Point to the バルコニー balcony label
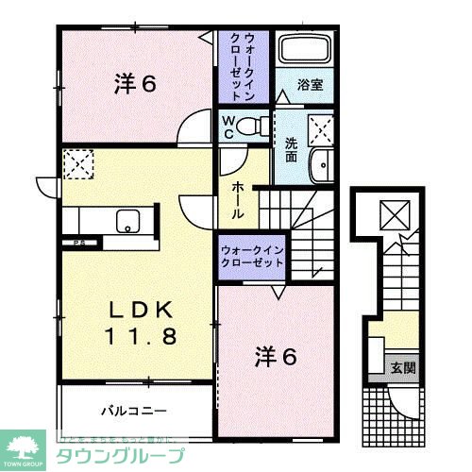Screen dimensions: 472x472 coord(135,412)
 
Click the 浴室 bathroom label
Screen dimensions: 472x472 coord(311,84)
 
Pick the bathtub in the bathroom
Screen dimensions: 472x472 coord(304,54)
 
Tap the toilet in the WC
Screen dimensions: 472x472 coord(252,126)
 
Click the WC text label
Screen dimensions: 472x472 coord(230,126)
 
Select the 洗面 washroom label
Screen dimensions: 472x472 coord(293,149)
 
